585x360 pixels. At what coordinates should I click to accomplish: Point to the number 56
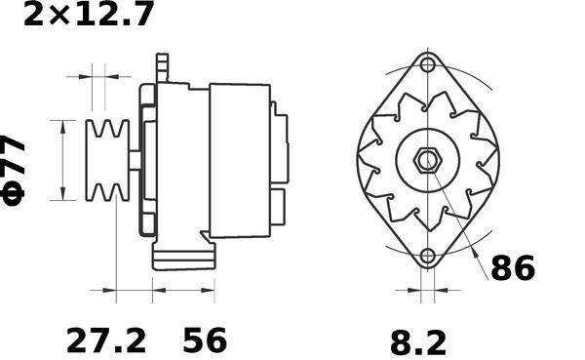tap(205, 341)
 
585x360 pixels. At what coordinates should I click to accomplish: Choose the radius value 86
tap(512, 268)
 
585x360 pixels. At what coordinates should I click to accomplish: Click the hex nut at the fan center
tap(427, 160)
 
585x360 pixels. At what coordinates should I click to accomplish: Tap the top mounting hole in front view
tap(427, 64)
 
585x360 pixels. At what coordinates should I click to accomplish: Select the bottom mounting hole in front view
tap(427, 257)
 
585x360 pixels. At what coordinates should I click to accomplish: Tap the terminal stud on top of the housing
tap(162, 66)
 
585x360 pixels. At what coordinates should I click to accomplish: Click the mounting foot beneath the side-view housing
tap(183, 260)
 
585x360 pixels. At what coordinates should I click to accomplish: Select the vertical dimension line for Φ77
tap(63, 160)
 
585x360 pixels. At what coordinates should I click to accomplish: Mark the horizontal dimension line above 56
tap(183, 290)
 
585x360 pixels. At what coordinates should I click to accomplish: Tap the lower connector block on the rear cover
tap(278, 208)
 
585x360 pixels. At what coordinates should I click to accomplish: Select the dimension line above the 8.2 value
tap(427, 290)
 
